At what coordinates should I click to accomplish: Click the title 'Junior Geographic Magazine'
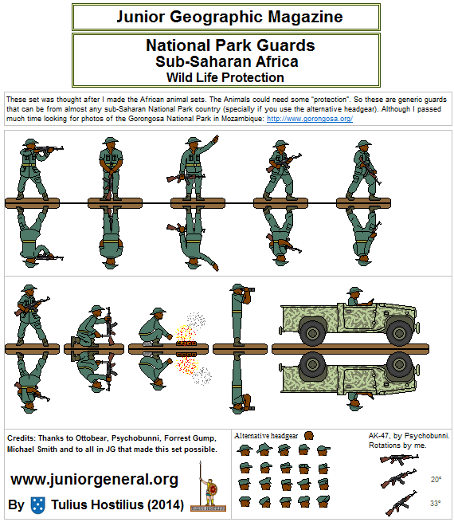click(x=229, y=17)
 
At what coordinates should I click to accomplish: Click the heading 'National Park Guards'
click(x=230, y=45)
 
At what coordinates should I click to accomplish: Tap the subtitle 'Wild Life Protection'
click(x=225, y=77)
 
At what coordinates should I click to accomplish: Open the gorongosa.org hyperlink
click(x=309, y=119)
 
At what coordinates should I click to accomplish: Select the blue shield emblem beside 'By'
click(x=37, y=504)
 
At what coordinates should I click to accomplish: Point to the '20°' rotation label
click(x=436, y=480)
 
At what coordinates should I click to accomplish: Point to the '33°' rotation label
click(x=436, y=503)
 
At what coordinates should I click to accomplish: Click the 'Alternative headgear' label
click(x=266, y=436)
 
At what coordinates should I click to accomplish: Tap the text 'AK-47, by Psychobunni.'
click(x=409, y=436)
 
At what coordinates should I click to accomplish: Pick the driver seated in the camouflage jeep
click(x=353, y=297)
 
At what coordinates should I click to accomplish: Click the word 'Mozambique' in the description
click(x=237, y=119)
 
